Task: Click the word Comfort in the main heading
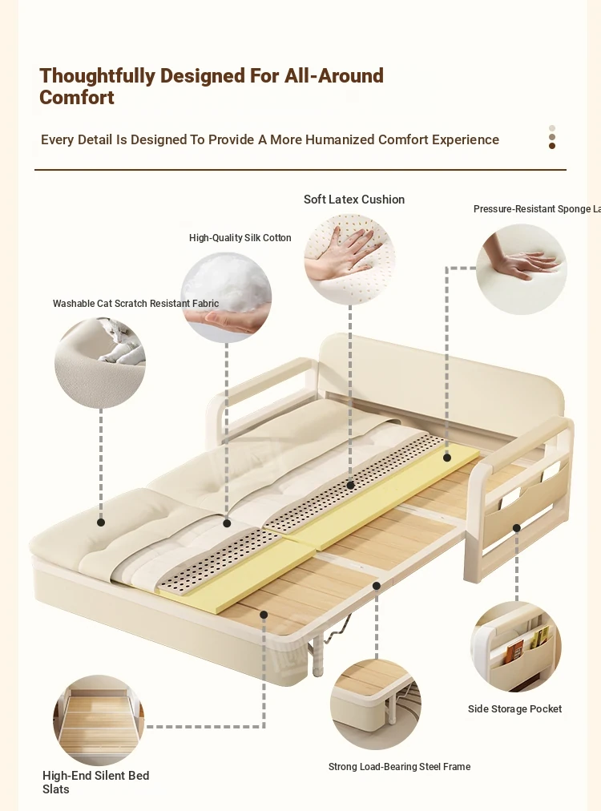coord(77,98)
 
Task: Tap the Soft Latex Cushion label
coord(354,200)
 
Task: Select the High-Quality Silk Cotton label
coord(240,238)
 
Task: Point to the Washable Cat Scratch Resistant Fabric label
coord(135,304)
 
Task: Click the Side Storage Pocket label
coord(514,709)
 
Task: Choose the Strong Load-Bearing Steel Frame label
coord(399,767)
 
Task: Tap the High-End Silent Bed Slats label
coord(95,782)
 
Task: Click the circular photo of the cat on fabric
coord(100,363)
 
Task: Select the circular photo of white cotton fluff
coord(226,297)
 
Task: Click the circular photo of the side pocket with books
coord(515,646)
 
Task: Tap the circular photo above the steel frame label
coord(375,704)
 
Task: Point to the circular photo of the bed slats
coord(99,719)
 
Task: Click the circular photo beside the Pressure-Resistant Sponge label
coord(522,269)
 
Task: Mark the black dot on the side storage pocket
coord(517,528)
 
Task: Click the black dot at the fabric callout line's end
coord(101,523)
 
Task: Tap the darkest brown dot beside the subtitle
coord(552,146)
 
